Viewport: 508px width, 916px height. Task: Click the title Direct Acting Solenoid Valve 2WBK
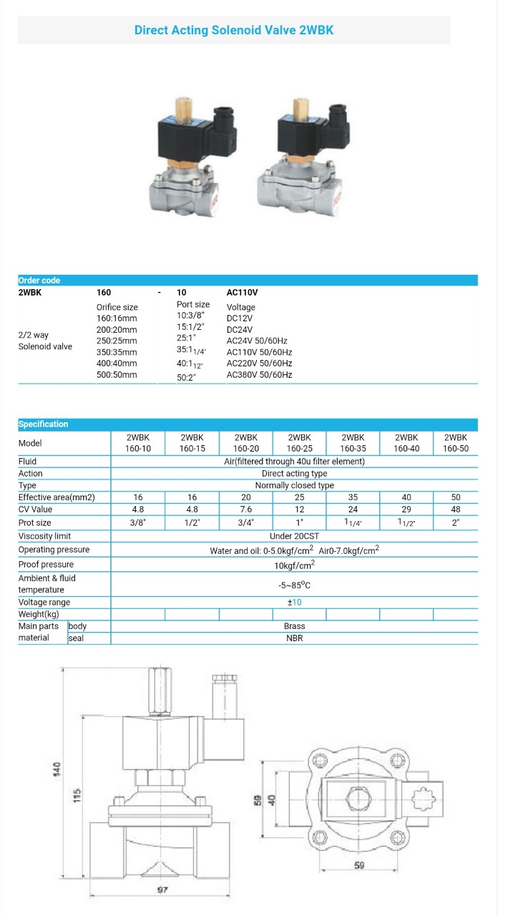point(234,30)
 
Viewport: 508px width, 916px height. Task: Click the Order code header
point(39,281)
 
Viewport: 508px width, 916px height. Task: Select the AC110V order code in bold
point(242,293)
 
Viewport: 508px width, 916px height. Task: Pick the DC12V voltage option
point(240,318)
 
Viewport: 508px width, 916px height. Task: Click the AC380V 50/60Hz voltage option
point(259,375)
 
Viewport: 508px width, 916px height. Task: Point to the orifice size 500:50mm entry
point(117,375)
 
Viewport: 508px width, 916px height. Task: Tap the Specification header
point(44,424)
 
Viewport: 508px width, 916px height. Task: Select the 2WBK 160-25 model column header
point(299,443)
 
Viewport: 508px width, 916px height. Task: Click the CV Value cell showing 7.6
point(245,510)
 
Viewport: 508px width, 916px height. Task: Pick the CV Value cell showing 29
point(406,510)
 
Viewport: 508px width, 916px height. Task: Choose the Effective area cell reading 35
point(353,497)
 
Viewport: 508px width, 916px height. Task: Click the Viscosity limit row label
point(44,536)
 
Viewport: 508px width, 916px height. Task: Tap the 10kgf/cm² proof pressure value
point(294,565)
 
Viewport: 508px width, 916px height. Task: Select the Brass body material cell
point(294,626)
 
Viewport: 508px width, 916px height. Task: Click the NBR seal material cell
point(294,638)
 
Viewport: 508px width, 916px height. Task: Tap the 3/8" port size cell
point(138,522)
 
